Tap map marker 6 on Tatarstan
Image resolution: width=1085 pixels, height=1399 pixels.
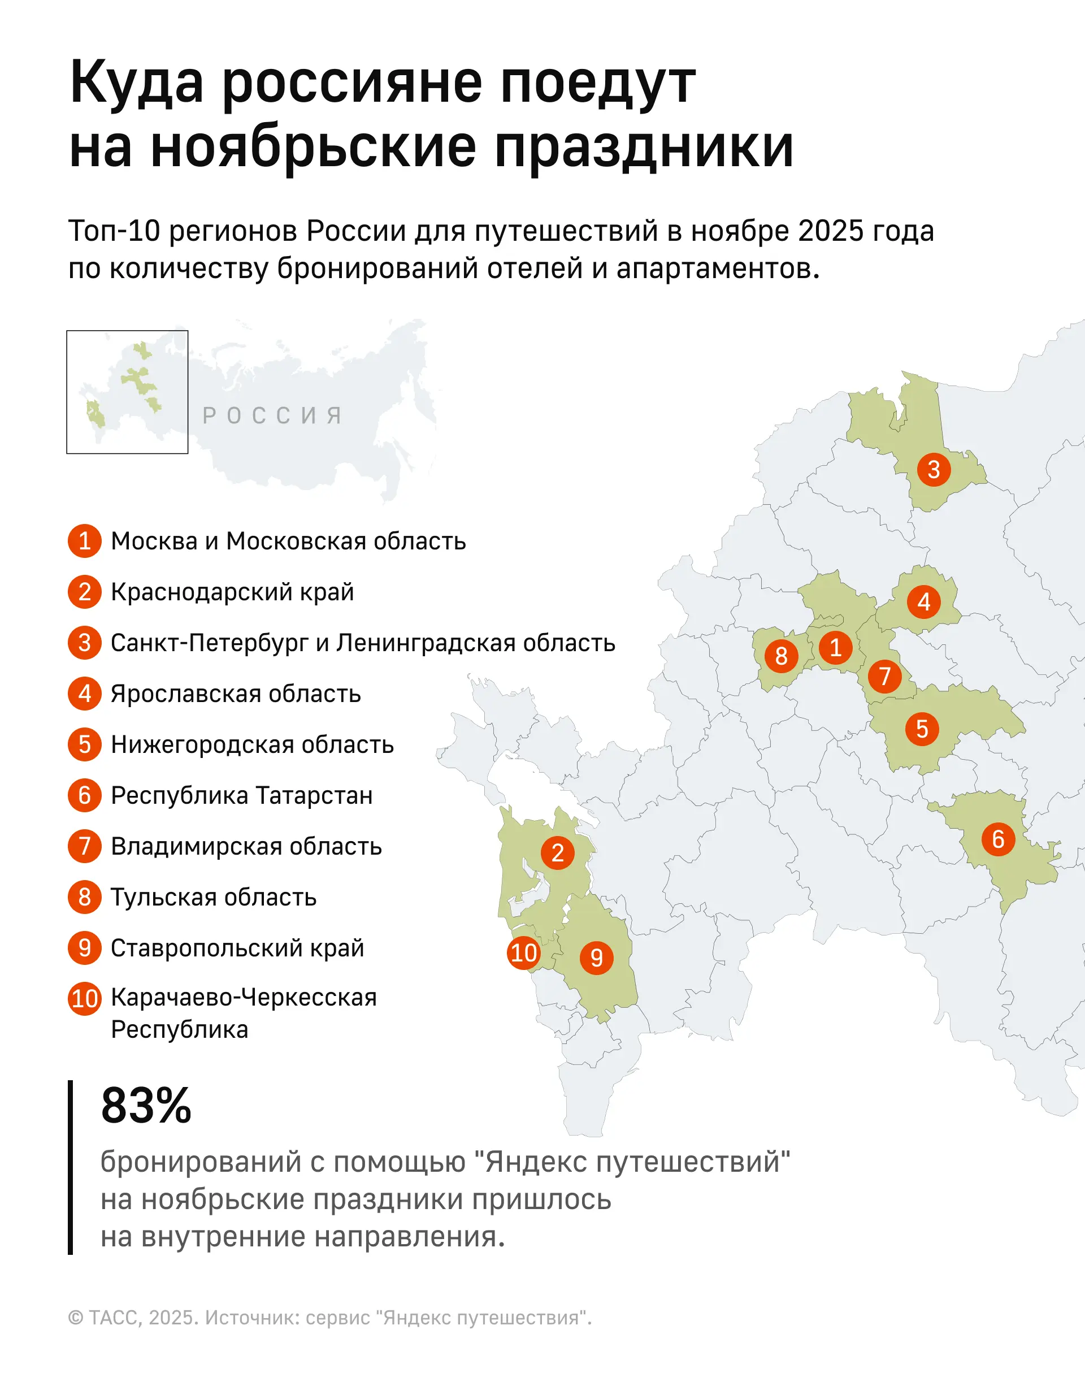[x=998, y=838]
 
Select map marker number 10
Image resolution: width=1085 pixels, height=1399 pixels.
[x=523, y=952]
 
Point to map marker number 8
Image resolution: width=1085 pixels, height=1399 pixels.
[x=781, y=655]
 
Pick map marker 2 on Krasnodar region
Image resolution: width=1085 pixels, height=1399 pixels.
[x=557, y=852]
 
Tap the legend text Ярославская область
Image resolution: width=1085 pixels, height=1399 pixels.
[x=236, y=694]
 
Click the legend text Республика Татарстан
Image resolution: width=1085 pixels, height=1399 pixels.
[x=241, y=795]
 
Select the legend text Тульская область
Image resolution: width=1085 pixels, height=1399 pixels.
[x=213, y=898]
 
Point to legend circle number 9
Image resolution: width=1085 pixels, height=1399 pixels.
[x=85, y=947]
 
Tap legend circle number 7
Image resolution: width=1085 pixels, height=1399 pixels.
[x=85, y=846]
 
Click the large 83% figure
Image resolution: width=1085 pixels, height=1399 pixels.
[x=146, y=1105]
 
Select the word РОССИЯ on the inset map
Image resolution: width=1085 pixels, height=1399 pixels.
[x=272, y=415]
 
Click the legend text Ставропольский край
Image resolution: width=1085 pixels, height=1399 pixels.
[x=237, y=948]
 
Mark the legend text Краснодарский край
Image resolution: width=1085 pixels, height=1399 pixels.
[x=232, y=592]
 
